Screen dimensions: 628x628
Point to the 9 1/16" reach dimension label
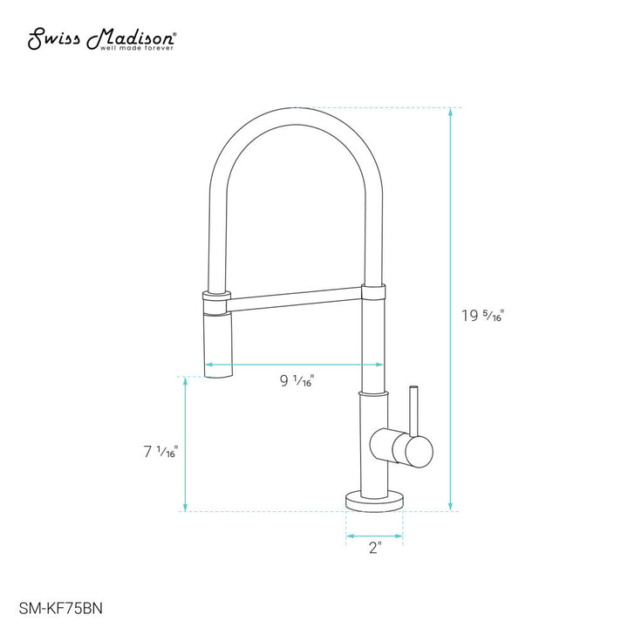coord(297,380)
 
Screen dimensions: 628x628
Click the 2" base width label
coord(375,548)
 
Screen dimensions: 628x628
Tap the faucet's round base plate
coord(375,501)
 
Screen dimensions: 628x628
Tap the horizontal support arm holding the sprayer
coord(295,299)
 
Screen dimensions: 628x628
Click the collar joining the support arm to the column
coord(372,295)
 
